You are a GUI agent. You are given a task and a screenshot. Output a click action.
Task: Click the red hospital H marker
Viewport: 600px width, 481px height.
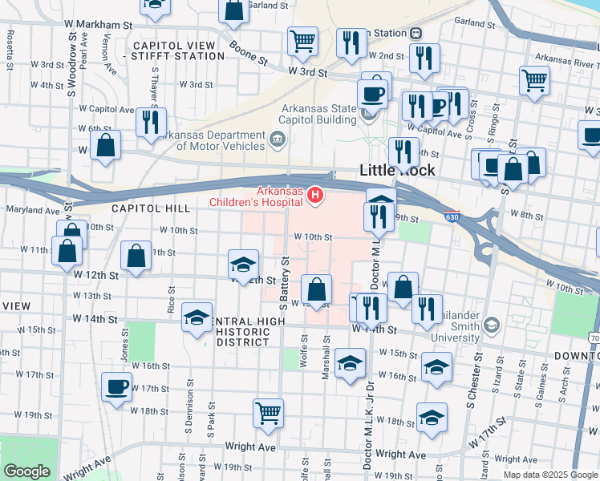(x=317, y=194)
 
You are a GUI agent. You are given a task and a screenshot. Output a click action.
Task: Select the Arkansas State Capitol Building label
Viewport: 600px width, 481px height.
(x=317, y=115)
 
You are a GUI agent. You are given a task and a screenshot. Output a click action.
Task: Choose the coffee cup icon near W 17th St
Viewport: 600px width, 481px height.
(x=117, y=386)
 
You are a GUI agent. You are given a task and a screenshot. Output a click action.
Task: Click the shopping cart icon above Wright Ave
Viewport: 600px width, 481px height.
(x=269, y=412)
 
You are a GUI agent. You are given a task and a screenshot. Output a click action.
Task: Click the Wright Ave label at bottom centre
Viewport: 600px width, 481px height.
(x=251, y=447)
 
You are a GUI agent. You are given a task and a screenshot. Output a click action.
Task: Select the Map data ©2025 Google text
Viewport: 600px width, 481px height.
(x=550, y=474)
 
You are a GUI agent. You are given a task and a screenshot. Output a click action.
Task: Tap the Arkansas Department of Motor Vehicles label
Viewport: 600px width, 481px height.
(x=211, y=141)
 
